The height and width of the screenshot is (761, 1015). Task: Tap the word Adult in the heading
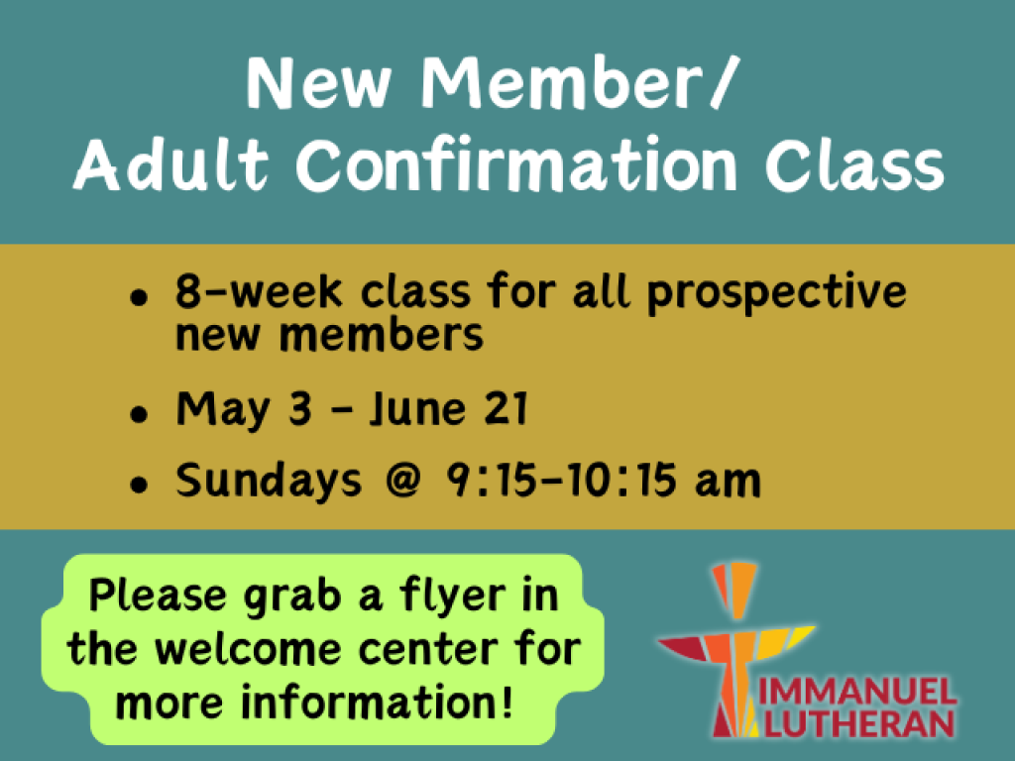tap(170, 165)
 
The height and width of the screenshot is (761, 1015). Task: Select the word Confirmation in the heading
tap(515, 165)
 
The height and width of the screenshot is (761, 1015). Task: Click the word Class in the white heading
tap(854, 165)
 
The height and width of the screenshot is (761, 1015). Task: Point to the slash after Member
tap(723, 83)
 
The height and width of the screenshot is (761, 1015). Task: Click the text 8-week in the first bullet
tap(259, 291)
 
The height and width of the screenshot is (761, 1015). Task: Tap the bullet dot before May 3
tap(139, 413)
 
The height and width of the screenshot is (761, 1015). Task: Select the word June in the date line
tap(417, 409)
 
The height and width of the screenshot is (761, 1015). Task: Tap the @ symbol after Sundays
tap(403, 480)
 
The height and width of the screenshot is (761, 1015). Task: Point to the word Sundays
tap(269, 480)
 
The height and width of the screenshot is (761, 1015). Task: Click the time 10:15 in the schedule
tap(622, 480)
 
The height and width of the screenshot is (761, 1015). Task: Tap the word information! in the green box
tap(378, 702)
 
